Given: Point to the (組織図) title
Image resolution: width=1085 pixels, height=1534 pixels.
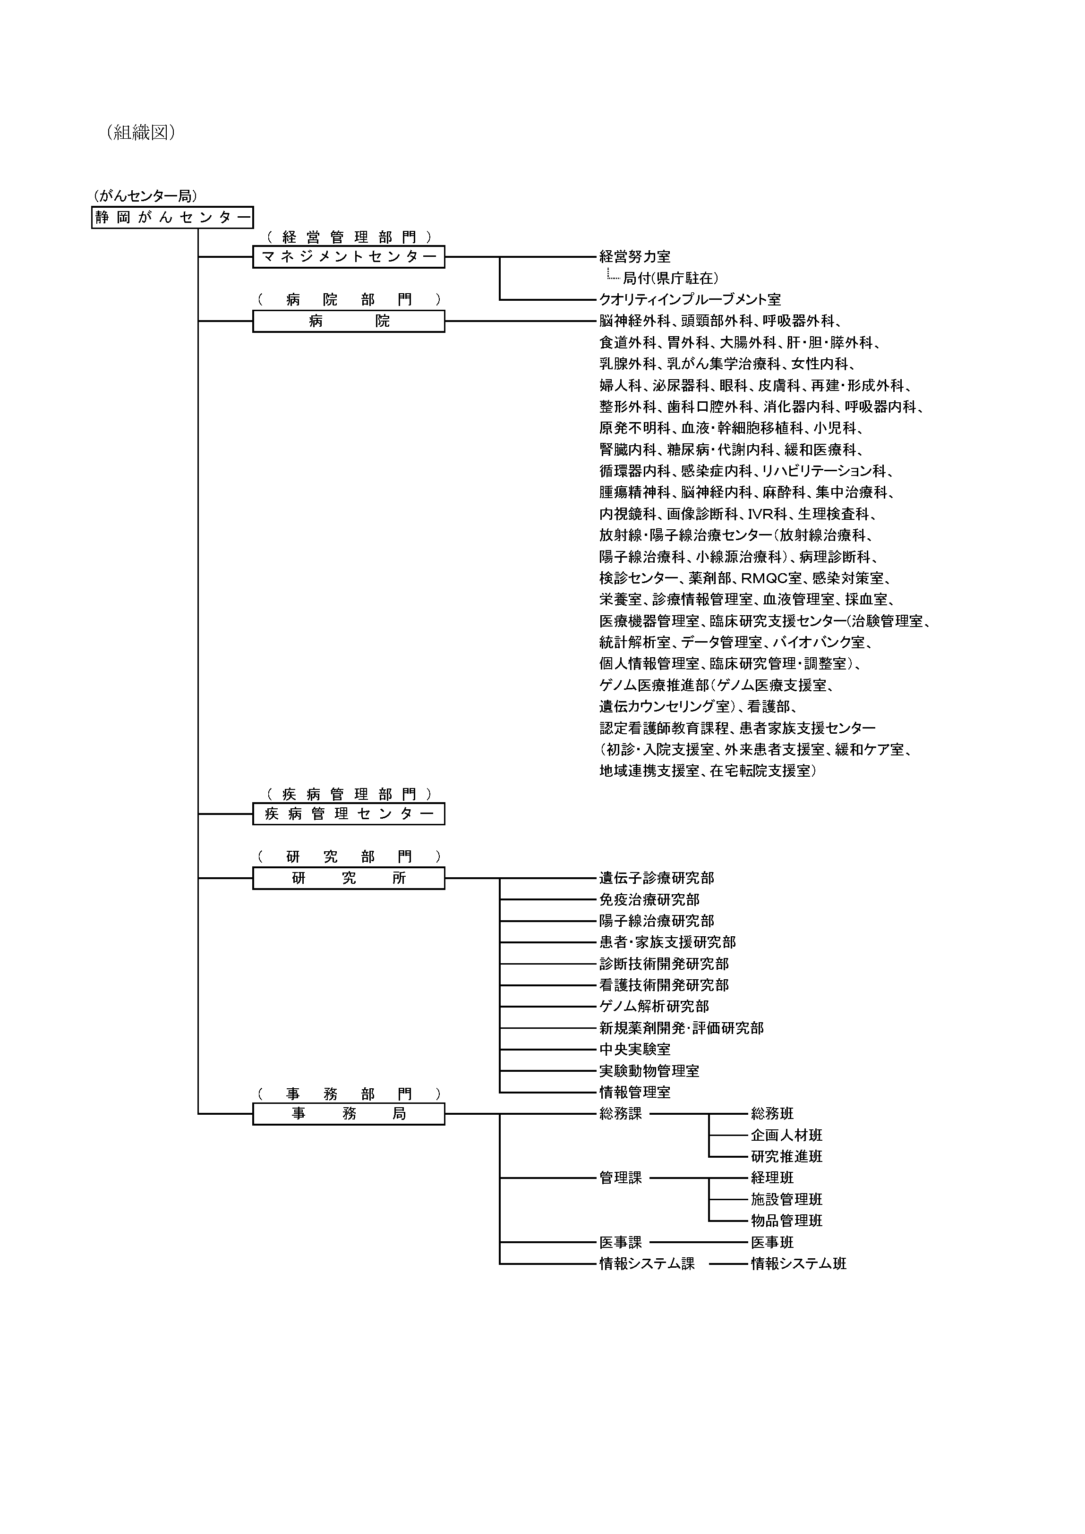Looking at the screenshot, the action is coord(140,132).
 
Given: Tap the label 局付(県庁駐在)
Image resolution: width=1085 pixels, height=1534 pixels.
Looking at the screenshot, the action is coord(671,278).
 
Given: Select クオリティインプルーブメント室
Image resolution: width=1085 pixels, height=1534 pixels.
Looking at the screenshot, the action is coord(690,299).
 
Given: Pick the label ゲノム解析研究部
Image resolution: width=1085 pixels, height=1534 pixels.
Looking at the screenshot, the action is coord(654,1007).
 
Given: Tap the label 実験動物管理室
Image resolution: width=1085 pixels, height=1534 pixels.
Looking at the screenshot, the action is coord(649,1071).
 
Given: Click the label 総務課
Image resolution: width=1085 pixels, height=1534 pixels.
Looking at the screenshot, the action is coord(620,1114).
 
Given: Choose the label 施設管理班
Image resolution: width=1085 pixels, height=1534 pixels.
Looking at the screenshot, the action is coord(786,1199).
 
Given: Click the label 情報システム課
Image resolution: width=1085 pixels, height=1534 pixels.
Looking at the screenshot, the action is coord(647,1263).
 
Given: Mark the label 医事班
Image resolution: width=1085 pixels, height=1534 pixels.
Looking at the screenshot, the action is coord(772,1242).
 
